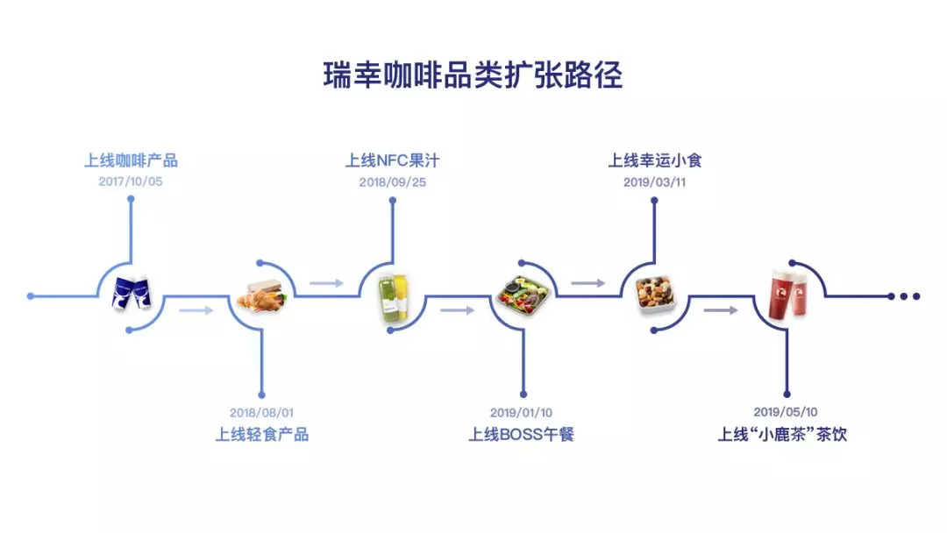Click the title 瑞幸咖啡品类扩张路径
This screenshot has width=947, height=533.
(x=473, y=75)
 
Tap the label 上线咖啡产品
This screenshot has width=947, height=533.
(x=131, y=160)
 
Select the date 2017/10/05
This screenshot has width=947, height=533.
(x=131, y=181)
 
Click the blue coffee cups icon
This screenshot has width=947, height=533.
(x=131, y=294)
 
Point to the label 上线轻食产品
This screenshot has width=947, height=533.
(x=261, y=434)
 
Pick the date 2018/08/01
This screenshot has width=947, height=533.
(x=261, y=413)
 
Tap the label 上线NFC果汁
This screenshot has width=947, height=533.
(x=393, y=160)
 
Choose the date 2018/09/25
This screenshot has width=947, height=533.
(x=393, y=182)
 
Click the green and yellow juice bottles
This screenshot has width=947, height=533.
(x=393, y=297)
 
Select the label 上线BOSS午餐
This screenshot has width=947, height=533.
(x=521, y=434)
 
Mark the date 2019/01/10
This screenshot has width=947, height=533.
(x=521, y=413)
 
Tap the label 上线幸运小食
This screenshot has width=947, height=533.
(x=655, y=160)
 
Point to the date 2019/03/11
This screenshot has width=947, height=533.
(x=655, y=182)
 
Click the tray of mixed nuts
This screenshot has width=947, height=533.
(x=655, y=295)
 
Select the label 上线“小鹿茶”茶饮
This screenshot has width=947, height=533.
(x=782, y=434)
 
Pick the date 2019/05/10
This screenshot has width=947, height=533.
(x=785, y=412)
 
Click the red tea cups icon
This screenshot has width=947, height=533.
(x=788, y=295)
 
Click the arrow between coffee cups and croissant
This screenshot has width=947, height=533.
(x=196, y=310)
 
